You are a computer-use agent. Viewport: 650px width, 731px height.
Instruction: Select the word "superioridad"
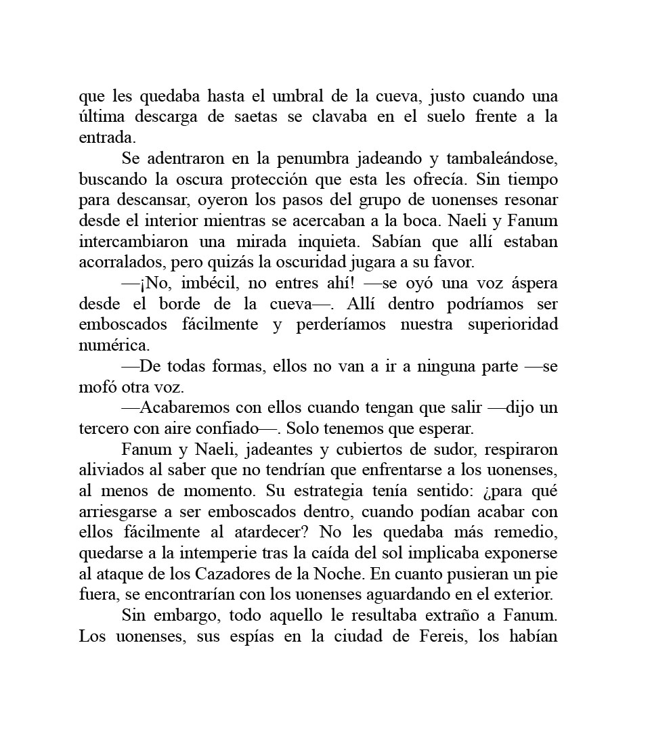click(x=513, y=325)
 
